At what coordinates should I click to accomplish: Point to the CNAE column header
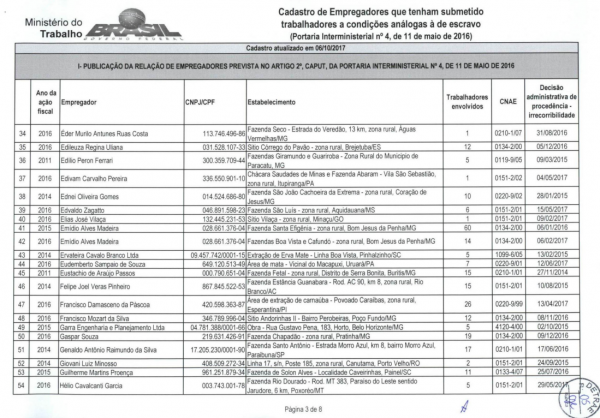[509, 101]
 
